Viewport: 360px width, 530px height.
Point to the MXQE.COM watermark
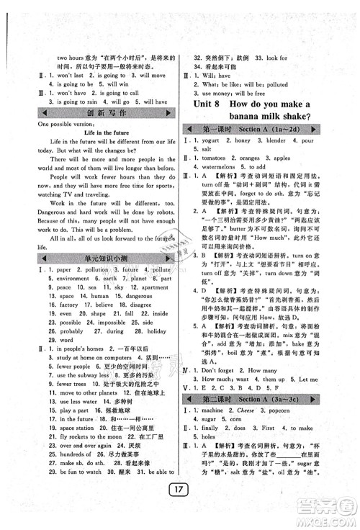coord(323,516)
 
